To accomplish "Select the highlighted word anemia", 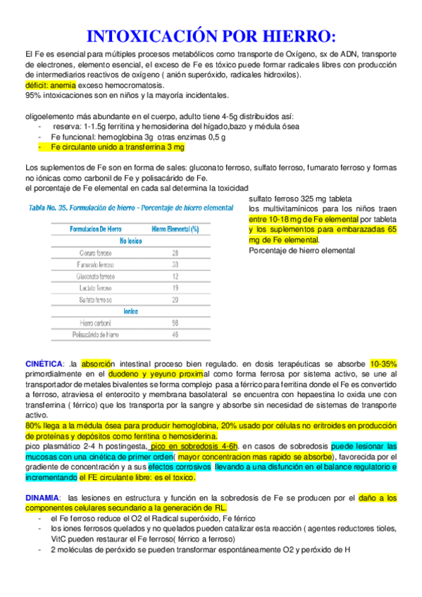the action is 65,85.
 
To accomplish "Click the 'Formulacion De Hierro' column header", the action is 94,229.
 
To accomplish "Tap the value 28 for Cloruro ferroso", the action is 175,253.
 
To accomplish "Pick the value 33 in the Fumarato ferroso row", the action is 175,265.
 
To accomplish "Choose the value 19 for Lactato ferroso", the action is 175,289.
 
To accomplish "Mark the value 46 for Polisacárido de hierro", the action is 175,335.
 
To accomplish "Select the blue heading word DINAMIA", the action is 42,498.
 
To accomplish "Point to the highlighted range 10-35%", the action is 383,363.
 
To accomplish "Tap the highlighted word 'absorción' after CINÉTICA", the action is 97,363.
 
